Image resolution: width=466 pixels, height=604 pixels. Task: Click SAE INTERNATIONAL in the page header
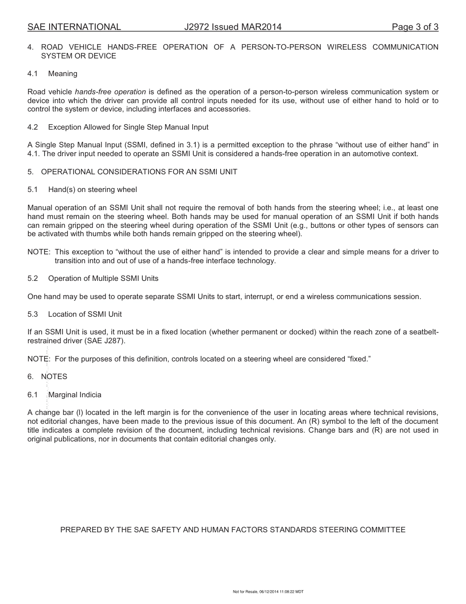(x=74, y=27)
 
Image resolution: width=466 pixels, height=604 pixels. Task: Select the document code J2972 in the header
(x=198, y=27)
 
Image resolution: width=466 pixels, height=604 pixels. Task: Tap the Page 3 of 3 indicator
(x=415, y=27)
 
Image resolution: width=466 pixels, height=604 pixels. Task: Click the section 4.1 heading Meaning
(x=63, y=74)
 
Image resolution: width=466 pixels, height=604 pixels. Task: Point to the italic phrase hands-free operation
(x=110, y=92)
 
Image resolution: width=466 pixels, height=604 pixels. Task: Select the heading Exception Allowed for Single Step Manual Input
(x=128, y=127)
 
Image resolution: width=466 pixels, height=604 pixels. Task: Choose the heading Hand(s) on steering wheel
(x=93, y=190)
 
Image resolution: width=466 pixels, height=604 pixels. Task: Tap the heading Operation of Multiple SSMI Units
(x=103, y=278)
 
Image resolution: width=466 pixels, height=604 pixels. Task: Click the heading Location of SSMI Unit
(x=85, y=314)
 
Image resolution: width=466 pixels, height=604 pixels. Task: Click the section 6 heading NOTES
(x=54, y=377)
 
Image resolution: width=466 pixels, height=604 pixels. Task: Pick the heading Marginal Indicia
(x=75, y=395)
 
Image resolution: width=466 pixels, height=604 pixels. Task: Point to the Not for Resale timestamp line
(x=268, y=592)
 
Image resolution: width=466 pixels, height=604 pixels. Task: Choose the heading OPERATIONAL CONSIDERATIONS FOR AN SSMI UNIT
(x=139, y=172)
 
